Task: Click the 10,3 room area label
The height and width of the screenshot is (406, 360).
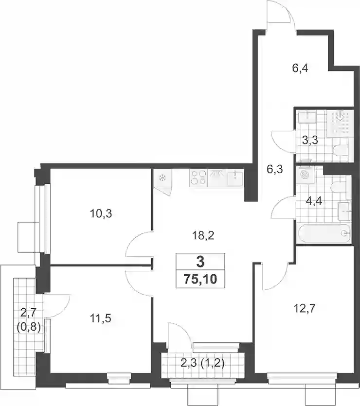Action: tap(101, 214)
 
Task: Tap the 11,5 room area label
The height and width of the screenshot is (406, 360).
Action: tap(101, 318)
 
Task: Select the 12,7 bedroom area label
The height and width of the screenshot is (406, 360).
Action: tap(305, 309)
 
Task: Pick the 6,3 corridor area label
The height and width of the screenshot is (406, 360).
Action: tap(274, 170)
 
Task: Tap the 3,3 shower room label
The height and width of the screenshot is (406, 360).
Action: tap(310, 141)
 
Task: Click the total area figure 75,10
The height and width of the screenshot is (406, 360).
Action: tap(200, 280)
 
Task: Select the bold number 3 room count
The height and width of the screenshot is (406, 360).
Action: tap(200, 262)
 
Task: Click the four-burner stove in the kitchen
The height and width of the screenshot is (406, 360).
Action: tap(198, 178)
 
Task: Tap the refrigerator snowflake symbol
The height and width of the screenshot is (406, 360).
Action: tap(163, 178)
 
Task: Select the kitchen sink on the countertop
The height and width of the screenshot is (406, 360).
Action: tap(234, 178)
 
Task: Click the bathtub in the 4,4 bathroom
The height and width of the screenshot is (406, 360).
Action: tap(324, 233)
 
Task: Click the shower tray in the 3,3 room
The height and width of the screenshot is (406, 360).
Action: tap(340, 124)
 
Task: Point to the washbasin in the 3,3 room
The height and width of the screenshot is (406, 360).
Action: tap(307, 118)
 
